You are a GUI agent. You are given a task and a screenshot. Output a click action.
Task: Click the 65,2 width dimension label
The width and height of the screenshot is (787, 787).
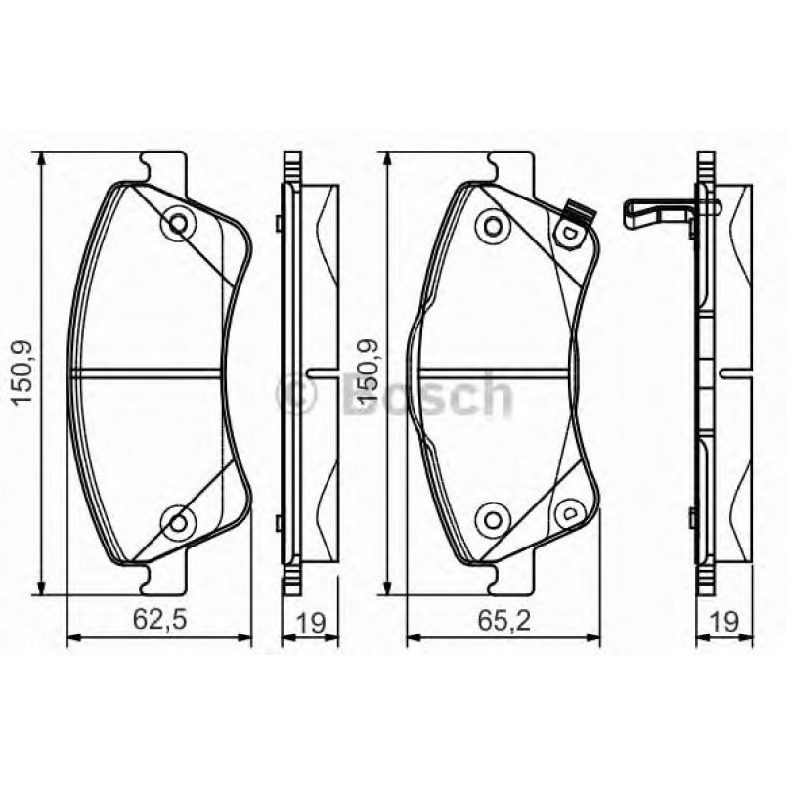(x=500, y=620)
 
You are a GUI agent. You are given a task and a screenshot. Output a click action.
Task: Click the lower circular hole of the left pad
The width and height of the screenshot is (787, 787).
(x=178, y=521)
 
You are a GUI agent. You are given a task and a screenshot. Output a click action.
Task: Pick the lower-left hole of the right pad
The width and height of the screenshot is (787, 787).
(x=493, y=518)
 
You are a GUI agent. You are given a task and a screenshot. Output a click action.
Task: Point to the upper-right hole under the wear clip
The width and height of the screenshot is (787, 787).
(x=565, y=235)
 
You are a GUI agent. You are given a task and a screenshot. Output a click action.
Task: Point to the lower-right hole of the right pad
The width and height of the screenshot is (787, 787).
(x=565, y=510)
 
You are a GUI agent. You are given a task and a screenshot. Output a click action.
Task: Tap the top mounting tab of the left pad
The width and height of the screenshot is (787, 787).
(x=162, y=166)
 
